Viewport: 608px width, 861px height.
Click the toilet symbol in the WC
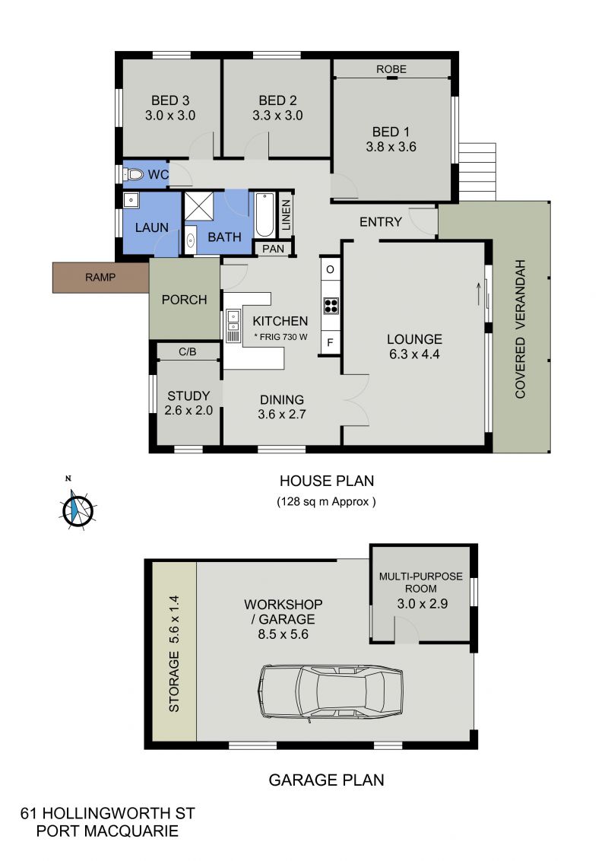tap(133, 175)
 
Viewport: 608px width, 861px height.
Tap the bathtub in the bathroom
tap(264, 214)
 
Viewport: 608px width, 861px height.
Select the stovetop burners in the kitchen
tap(331, 305)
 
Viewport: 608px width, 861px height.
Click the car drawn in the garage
tap(331, 692)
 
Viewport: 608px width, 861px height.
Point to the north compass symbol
tap(78, 509)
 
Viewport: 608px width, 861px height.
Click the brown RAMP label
tap(100, 278)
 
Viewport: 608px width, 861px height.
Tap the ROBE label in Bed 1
tap(391, 69)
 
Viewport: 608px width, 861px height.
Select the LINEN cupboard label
tap(286, 215)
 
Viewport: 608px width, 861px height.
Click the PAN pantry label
tap(274, 249)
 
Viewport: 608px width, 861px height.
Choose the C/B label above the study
tap(188, 351)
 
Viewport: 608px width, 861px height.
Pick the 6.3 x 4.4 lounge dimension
tap(414, 354)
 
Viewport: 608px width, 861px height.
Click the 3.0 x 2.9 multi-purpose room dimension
tap(422, 603)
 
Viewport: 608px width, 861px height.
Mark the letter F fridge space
tap(331, 343)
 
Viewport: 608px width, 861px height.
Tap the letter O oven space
tap(331, 269)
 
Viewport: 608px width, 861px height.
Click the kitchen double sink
tap(233, 326)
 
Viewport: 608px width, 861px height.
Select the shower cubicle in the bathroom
tap(198, 206)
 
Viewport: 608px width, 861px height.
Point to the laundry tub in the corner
tap(131, 199)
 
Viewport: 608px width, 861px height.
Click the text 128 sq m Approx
tap(327, 501)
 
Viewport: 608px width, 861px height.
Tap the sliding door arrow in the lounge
tap(479, 293)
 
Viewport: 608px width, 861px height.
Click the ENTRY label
tap(381, 222)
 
